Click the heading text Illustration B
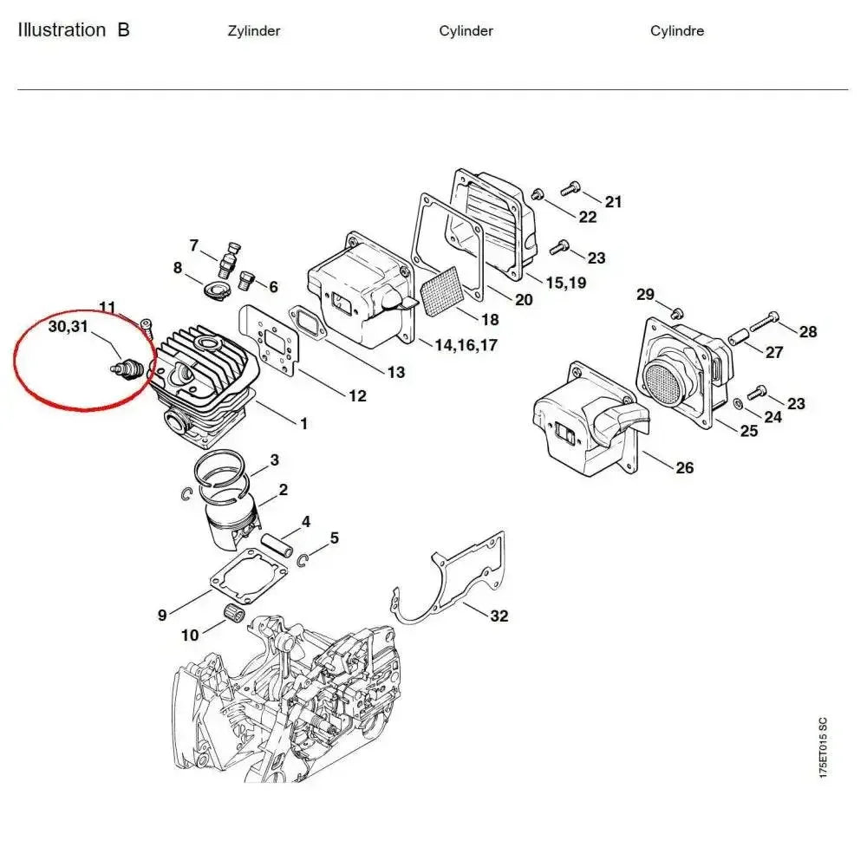click(74, 29)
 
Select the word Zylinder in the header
click(254, 31)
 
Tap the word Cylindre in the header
click(677, 31)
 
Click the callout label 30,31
click(68, 326)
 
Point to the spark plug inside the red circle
click(127, 367)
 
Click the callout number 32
click(499, 616)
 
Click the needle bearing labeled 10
click(234, 614)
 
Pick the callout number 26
click(685, 468)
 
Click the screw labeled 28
click(765, 321)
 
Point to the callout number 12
click(357, 396)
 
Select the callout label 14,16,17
click(466, 345)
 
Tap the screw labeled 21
click(570, 188)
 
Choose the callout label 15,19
click(566, 283)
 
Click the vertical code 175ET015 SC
click(824, 747)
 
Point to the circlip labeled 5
click(302, 560)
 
